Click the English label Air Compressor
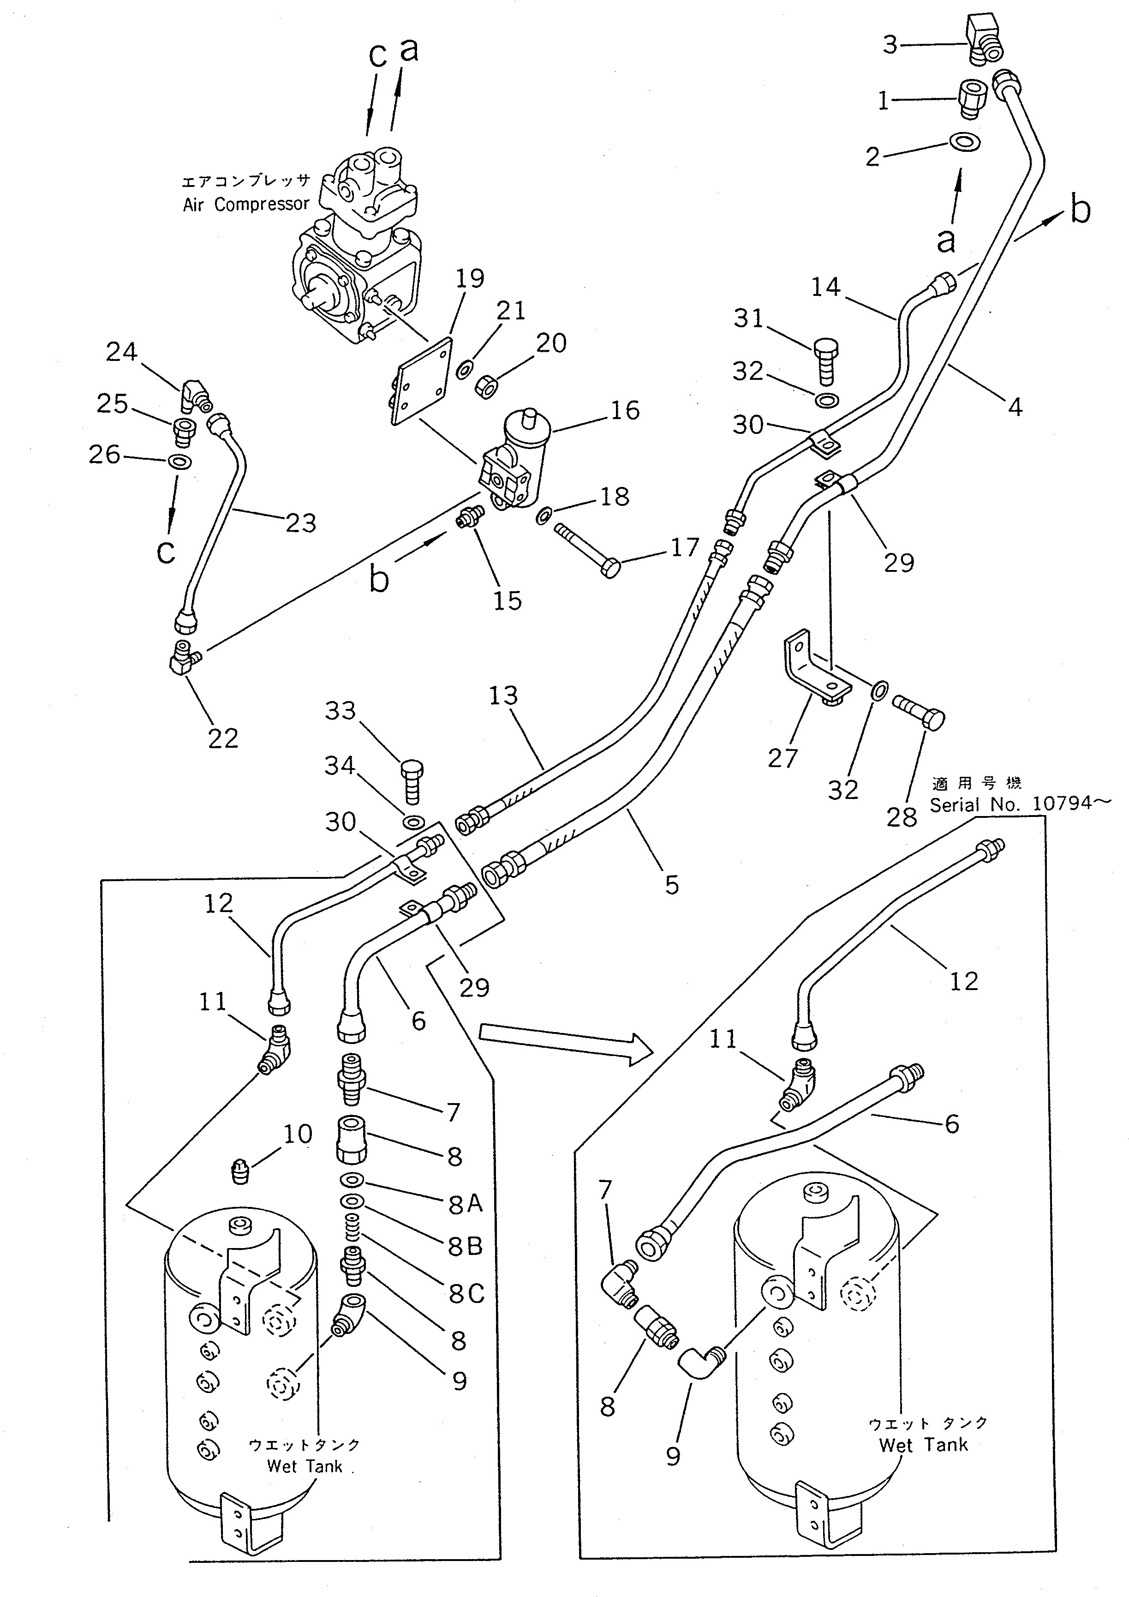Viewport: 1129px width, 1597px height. click(x=246, y=204)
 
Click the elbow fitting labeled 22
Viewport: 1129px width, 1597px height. click(x=184, y=655)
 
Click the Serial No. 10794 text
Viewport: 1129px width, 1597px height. click(x=1009, y=805)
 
